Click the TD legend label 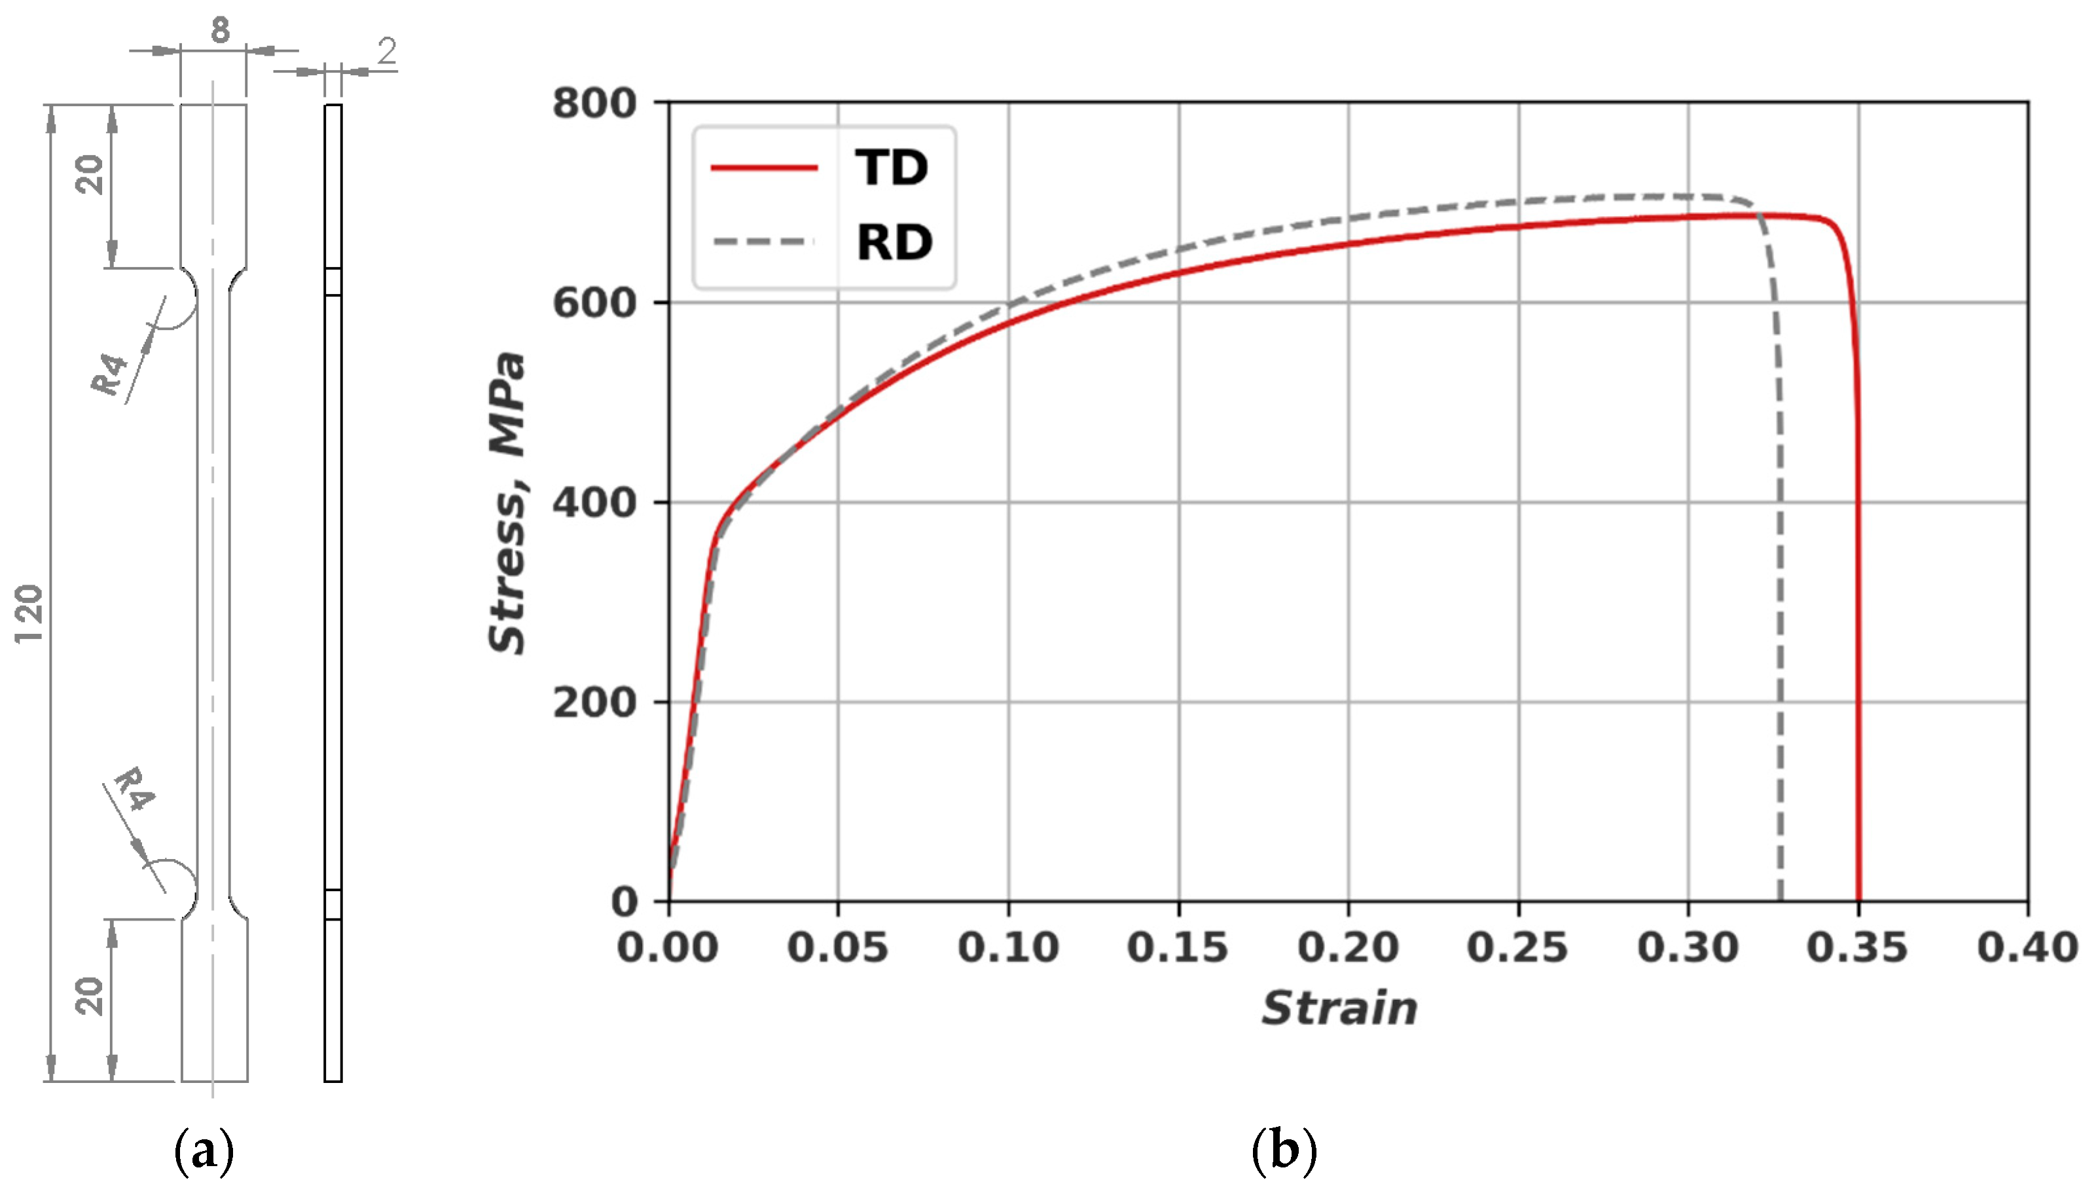tap(892, 168)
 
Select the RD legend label tap(894, 243)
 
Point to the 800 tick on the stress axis tap(594, 104)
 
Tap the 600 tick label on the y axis tap(594, 303)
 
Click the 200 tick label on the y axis tap(594, 703)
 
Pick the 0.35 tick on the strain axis tap(1857, 948)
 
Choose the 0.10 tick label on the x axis tap(1008, 948)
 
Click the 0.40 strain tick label tap(2027, 948)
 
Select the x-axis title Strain tap(1339, 1008)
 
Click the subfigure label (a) tap(204, 1151)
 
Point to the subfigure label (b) tap(1284, 1151)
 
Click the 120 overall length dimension tap(29, 614)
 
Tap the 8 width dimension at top tap(220, 31)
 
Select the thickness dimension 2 tap(386, 52)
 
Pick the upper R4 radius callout tap(111, 374)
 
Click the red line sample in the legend tap(764, 168)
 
